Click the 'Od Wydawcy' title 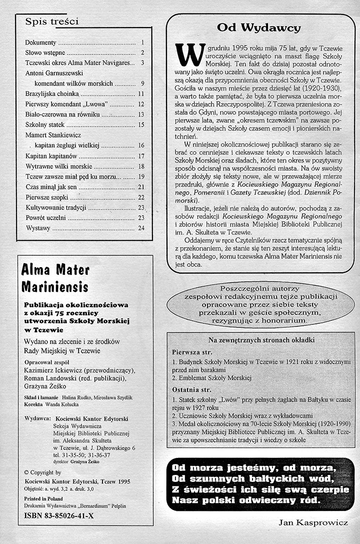(259, 28)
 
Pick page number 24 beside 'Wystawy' (141, 228)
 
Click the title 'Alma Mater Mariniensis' (55, 278)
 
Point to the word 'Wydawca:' (37, 417)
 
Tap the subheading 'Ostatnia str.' (190, 388)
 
